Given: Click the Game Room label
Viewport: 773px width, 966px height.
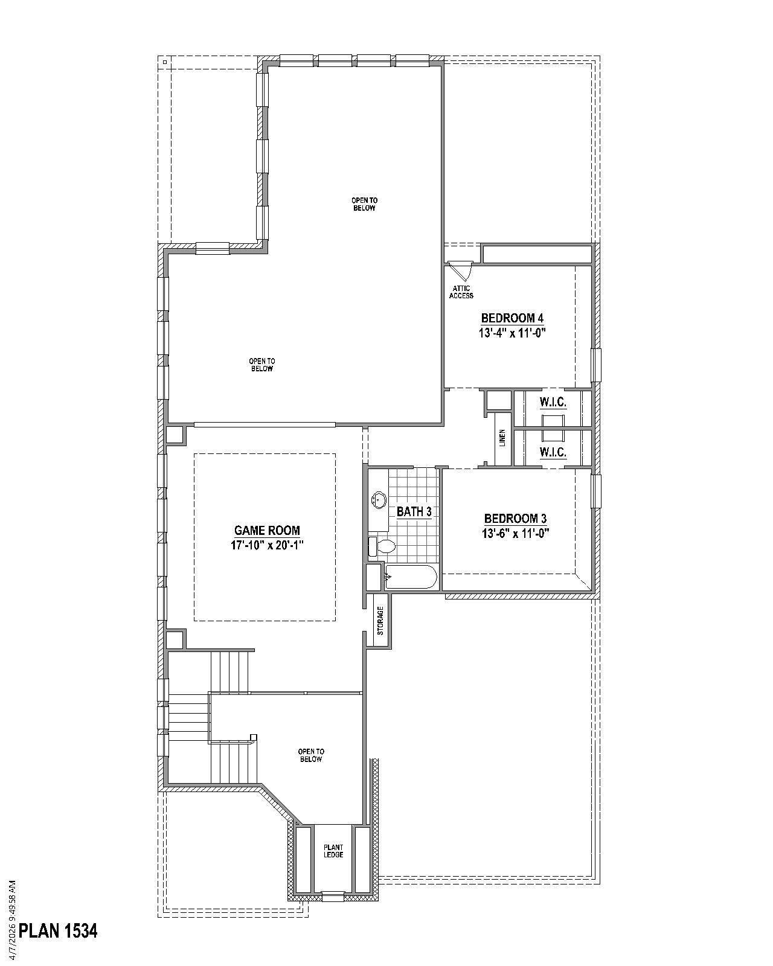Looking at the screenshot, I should tap(266, 531).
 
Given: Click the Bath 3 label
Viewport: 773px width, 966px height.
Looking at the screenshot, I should tap(414, 512).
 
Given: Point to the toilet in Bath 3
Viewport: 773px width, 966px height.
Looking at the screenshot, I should tap(382, 547).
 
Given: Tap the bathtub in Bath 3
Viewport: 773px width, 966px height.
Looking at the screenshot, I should tap(411, 578).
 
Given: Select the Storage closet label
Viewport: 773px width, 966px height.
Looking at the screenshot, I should tap(380, 621).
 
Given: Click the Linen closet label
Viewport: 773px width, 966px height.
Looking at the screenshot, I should tap(502, 438).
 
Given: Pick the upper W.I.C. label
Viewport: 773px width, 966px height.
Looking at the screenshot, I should tap(553, 403).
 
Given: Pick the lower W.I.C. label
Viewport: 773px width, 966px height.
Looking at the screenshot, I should tap(553, 452).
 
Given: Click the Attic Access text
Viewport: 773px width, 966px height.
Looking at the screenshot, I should tap(461, 292).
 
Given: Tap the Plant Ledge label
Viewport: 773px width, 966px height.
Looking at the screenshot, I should tap(333, 851).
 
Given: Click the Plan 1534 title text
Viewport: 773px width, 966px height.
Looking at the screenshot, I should tap(58, 931).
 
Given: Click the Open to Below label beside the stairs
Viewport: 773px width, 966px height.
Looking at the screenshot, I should tap(310, 755).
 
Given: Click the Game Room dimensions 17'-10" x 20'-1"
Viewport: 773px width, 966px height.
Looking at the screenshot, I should tap(266, 545).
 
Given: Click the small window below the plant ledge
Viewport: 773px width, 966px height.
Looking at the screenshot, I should tap(332, 897).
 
